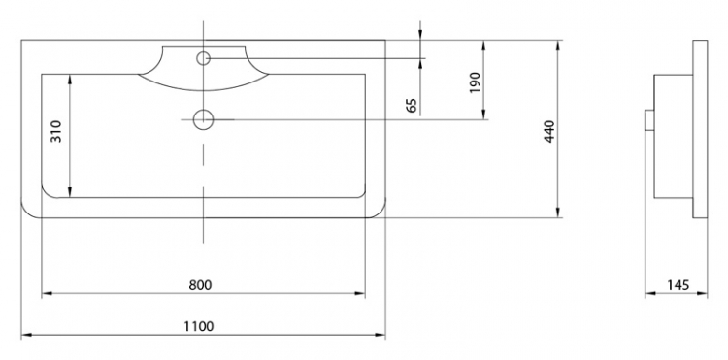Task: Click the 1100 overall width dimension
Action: coord(199,327)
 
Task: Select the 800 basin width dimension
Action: coord(200,285)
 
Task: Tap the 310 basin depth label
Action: coord(55,131)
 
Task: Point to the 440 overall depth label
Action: coord(549,131)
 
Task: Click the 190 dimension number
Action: coord(475,82)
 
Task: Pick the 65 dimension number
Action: coord(412,106)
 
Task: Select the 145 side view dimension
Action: coord(678,285)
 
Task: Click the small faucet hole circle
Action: coord(204,58)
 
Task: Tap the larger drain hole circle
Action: coord(204,119)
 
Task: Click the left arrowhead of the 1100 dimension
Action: coord(26,335)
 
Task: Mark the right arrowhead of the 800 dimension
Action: coord(360,293)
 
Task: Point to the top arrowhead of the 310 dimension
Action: coord(70,80)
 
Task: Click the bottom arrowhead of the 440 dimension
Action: coord(557,213)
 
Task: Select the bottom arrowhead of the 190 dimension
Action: coord(483,115)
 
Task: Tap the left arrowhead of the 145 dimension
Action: coord(650,293)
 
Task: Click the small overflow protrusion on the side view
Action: coord(649,120)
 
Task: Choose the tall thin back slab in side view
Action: coord(700,129)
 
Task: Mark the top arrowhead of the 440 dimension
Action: coord(557,46)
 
